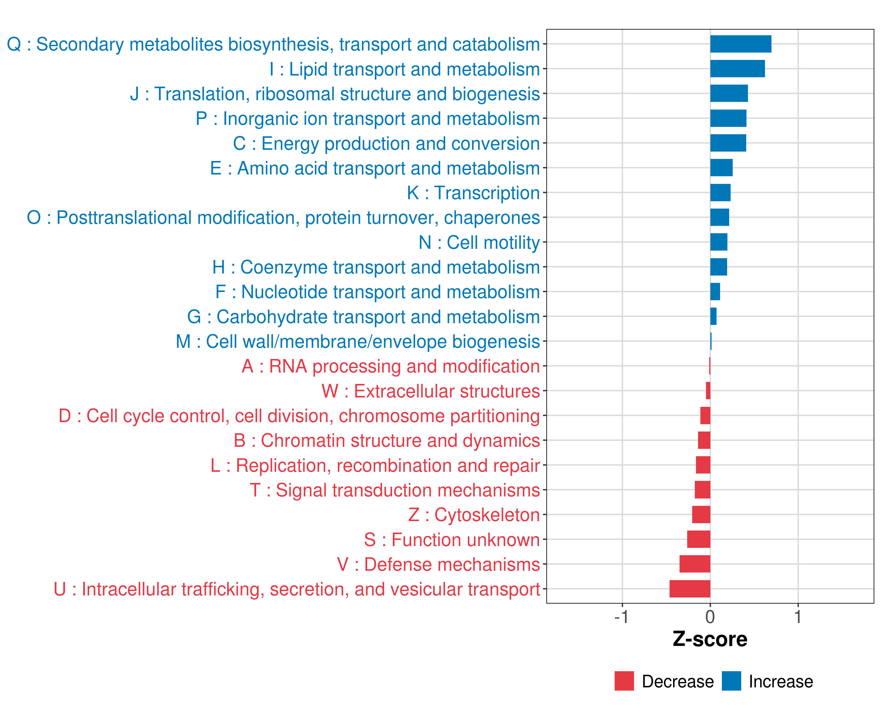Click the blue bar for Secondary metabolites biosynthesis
pyautogui.click(x=740, y=44)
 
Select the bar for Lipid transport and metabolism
pyautogui.click(x=737, y=69)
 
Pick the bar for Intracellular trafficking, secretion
pyautogui.click(x=690, y=589)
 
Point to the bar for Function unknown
pyautogui.click(x=698, y=540)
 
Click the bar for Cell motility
pyautogui.click(x=719, y=242)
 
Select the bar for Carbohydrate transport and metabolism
pyautogui.click(x=713, y=316)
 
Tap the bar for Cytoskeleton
pyautogui.click(x=701, y=515)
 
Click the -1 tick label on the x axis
pyautogui.click(x=621, y=617)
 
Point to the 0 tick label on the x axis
pyautogui.click(x=710, y=617)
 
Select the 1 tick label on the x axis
pyautogui.click(x=798, y=617)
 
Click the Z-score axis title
pyautogui.click(x=710, y=639)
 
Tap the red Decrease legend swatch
pyautogui.click(x=624, y=681)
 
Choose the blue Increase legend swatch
pyautogui.click(x=731, y=681)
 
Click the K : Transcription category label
pyautogui.click(x=473, y=193)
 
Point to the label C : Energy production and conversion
pyautogui.click(x=386, y=143)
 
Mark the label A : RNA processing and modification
pyautogui.click(x=391, y=366)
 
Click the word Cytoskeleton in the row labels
pyautogui.click(x=487, y=515)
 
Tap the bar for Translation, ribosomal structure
pyautogui.click(x=729, y=94)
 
